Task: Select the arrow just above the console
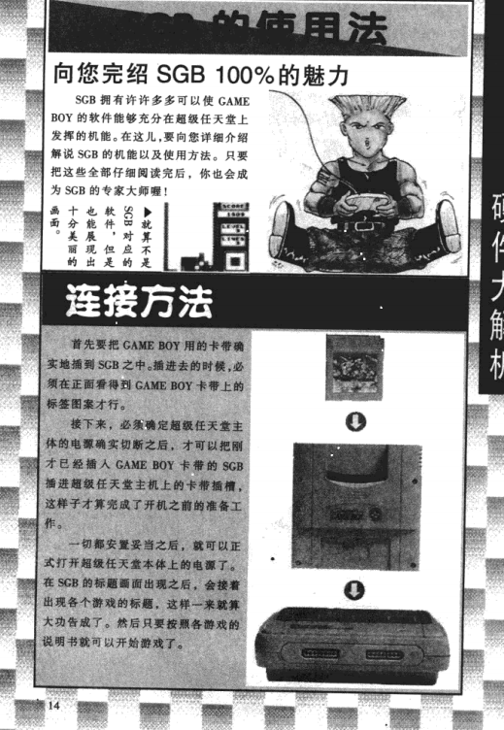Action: [x=355, y=588]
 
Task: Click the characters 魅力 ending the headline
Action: [x=319, y=74]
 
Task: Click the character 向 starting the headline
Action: [x=65, y=74]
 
